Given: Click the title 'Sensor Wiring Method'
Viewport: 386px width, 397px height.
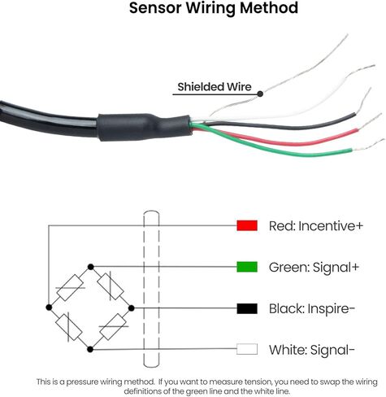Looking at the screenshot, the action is pyautogui.click(x=214, y=8).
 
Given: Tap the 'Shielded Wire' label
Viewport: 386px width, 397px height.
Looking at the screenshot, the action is pyautogui.click(x=215, y=87).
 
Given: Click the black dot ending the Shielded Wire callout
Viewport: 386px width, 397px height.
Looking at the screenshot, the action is pyautogui.click(x=260, y=94).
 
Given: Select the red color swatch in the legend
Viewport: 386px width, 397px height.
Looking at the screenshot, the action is pyautogui.click(x=247, y=225).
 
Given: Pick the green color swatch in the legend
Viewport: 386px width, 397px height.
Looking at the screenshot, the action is pyautogui.click(x=247, y=267).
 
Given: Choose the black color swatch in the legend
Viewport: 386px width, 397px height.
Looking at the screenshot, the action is pyautogui.click(x=247, y=308).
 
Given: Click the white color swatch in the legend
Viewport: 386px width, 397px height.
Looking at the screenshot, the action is pyautogui.click(x=247, y=349).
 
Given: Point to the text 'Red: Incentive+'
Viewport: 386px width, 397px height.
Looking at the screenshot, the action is pyautogui.click(x=316, y=226).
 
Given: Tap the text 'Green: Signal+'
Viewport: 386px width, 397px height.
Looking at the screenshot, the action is pyautogui.click(x=314, y=268).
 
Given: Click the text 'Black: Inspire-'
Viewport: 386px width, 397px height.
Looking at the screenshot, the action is pyautogui.click(x=312, y=309).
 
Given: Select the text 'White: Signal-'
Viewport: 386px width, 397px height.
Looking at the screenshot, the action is pyautogui.click(x=312, y=350).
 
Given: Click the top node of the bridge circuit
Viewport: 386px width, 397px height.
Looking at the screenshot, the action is pyautogui.click(x=91, y=267).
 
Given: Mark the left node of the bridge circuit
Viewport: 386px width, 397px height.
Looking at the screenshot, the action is pyautogui.click(x=49, y=308).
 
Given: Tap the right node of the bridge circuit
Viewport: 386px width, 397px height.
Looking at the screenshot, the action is pyautogui.click(x=132, y=308).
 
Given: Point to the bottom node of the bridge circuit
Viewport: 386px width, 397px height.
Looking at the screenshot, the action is pyautogui.click(x=90, y=349).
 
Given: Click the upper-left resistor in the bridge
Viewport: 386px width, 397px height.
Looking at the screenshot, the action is pyautogui.click(x=70, y=287).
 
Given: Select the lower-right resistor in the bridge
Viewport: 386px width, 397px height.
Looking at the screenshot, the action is pyautogui.click(x=114, y=326).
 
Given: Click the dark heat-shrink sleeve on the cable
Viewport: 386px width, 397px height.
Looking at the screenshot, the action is pyautogui.click(x=145, y=127).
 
